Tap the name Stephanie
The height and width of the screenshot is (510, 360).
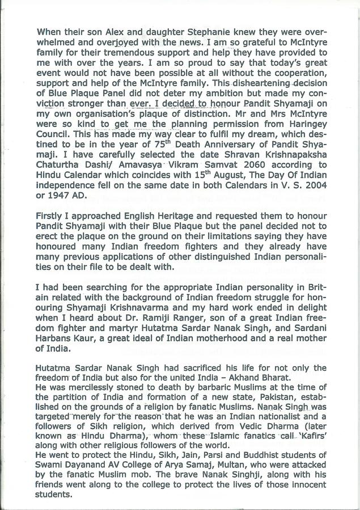pos(179,31)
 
